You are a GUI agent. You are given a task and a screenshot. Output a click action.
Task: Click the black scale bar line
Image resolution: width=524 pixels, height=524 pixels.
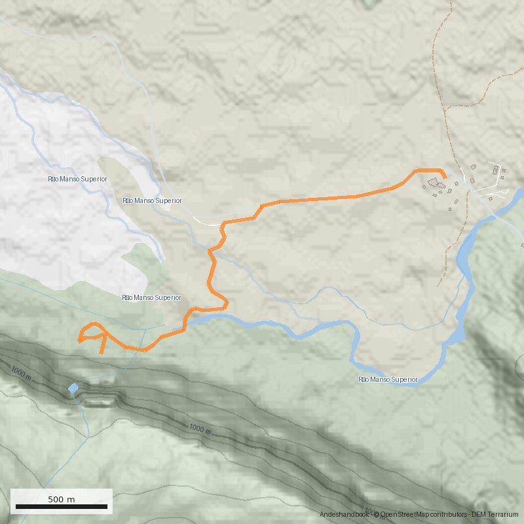coord(62,507)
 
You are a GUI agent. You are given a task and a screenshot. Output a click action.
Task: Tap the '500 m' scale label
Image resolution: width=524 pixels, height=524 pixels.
coord(62,499)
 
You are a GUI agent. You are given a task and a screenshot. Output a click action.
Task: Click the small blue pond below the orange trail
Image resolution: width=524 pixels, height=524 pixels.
coord(73,389)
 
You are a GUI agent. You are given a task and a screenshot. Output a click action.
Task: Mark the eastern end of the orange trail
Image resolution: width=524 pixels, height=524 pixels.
coord(445,177)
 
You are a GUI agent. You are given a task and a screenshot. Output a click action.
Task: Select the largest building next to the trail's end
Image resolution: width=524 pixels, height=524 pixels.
coord(434,183)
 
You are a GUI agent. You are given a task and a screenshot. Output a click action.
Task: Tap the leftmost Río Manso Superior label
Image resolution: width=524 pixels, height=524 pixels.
coord(77,179)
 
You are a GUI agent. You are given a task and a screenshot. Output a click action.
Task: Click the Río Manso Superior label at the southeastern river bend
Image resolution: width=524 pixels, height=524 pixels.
coord(388,379)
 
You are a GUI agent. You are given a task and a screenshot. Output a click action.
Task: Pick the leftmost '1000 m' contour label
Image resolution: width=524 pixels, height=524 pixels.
coord(20,373)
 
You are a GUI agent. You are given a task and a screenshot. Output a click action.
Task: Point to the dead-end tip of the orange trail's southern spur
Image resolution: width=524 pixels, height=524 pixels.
coord(101,353)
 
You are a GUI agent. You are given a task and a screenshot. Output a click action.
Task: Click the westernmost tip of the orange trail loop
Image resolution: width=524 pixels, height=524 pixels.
coord(79,341)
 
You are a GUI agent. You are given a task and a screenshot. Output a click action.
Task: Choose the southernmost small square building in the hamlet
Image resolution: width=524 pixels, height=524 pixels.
coord(451,210)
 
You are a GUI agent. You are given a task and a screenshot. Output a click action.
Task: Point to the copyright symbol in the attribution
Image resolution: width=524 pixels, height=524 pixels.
coord(377,515)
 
